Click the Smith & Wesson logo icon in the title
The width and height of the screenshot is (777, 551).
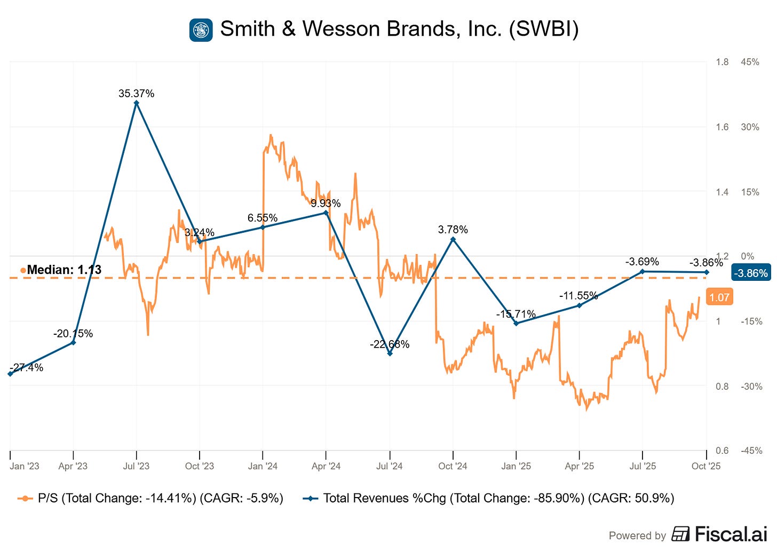point(201,30)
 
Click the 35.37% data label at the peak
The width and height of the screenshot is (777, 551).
point(136,93)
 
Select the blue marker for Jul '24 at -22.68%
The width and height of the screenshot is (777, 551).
point(390,353)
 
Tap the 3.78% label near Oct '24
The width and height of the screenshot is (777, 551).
point(453,230)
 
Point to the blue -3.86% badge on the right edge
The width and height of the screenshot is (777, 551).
point(751,273)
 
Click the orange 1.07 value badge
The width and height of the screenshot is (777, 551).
point(719,297)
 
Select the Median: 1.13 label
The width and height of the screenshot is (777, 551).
point(64,270)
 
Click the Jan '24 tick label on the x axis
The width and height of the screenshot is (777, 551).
point(263,466)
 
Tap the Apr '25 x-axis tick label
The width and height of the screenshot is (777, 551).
point(579,466)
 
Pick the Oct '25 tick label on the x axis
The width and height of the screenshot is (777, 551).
point(705,466)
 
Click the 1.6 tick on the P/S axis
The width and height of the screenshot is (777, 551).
point(722,127)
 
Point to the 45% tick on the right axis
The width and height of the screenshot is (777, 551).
point(750,62)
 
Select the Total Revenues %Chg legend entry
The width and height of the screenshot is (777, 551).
point(488,498)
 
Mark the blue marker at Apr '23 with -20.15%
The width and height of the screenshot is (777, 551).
point(73,342)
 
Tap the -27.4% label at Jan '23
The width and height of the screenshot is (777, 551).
point(27,367)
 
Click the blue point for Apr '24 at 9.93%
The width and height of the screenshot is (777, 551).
point(326,212)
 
